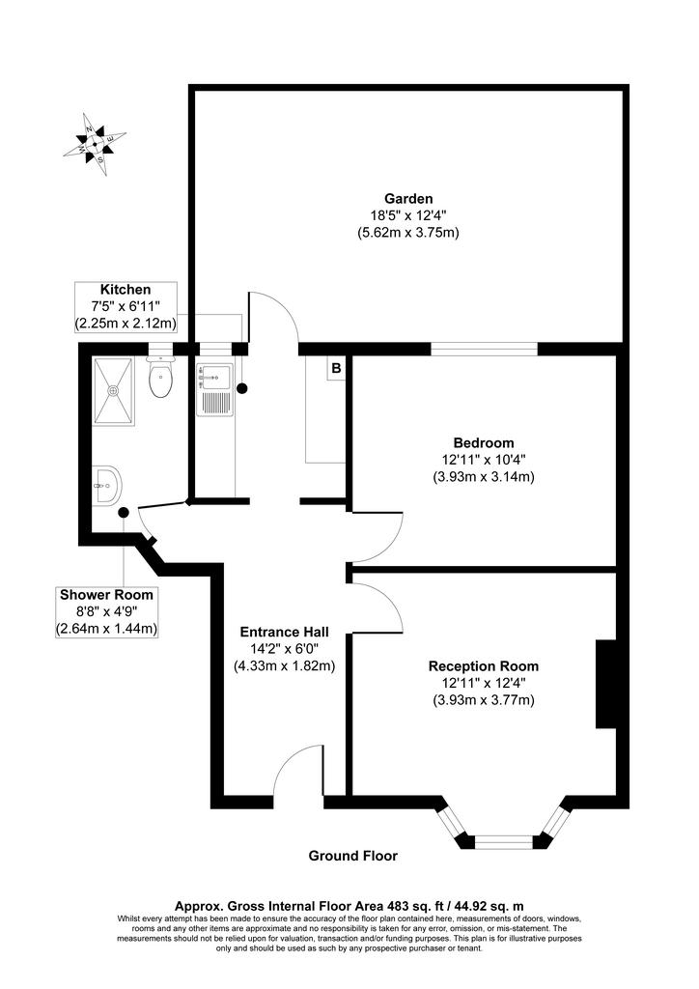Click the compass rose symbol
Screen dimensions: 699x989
[94, 145]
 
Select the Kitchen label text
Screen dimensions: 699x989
[126, 290]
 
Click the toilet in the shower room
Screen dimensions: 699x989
[160, 378]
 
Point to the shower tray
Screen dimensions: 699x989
[114, 391]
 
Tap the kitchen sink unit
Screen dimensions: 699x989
[214, 390]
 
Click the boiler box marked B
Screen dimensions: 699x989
[336, 368]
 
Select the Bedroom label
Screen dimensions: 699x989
[484, 442]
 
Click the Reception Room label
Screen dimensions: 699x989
[484, 666]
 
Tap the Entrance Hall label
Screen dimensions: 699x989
[284, 632]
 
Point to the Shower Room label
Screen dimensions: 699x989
[106, 594]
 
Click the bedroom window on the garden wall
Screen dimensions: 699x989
[484, 349]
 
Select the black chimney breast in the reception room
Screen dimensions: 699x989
[606, 685]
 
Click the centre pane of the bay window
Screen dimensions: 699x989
[504, 841]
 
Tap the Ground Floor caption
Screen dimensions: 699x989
[353, 856]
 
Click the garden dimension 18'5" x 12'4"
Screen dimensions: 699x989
[409, 215]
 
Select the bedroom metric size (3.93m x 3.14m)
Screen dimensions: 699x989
[484, 477]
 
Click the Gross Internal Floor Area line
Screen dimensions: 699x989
[349, 906]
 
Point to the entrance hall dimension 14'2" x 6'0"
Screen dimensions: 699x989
[284, 648]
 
